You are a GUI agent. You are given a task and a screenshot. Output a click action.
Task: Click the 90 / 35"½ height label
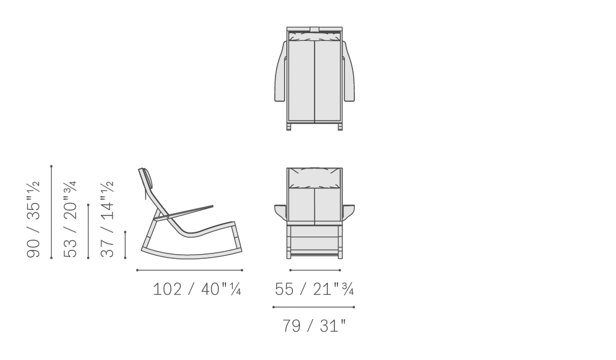pos(33,219)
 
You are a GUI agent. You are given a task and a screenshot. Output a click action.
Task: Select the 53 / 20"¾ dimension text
pos(70,219)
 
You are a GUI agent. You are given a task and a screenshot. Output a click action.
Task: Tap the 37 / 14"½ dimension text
pos(107,219)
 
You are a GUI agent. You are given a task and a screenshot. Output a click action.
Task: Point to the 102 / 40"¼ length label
pos(197,289)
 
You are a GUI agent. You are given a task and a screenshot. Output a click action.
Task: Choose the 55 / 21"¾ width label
pos(314,289)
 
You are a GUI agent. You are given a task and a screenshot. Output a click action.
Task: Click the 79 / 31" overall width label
pos(314,326)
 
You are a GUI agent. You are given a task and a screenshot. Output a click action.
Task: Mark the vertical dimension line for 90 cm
pos(52,213)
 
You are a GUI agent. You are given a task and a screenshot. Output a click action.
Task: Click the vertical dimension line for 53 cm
pos(88,232)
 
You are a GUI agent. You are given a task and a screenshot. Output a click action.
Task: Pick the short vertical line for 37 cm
pos(125,245)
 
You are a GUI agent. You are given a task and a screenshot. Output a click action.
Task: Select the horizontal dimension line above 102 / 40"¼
pos(189,270)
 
